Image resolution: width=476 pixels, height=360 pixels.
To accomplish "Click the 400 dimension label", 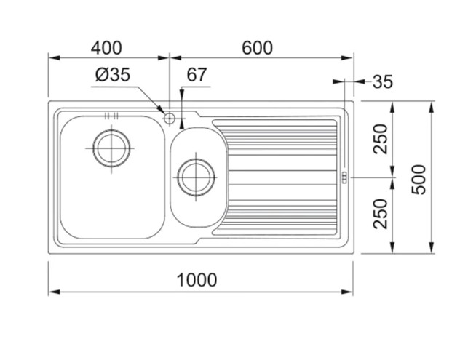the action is [106, 48].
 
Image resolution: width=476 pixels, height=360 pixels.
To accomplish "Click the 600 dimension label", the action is [257, 48].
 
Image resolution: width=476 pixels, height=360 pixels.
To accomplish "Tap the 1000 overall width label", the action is [197, 279].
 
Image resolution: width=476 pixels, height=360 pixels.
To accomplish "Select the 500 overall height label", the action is [419, 179].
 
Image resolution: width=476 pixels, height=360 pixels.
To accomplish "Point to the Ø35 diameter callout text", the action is [113, 75].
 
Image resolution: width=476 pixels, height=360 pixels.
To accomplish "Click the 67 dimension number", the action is [197, 75].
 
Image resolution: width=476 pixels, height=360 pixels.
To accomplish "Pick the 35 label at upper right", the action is [383, 82].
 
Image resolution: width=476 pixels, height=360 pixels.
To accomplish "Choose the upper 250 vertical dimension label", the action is [381, 139].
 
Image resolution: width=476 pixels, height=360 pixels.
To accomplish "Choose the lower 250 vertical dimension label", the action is [381, 214].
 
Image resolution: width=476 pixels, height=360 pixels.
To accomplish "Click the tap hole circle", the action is [169, 118].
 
